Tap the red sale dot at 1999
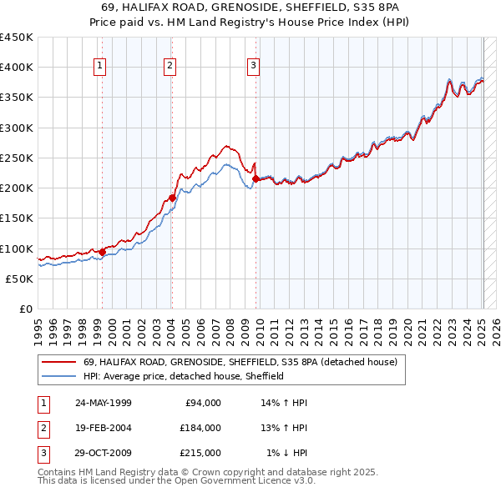coord(102,251)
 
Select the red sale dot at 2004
coord(172,198)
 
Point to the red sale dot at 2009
coord(256,178)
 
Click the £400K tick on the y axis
coord(17,68)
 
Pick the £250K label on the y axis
coord(17,158)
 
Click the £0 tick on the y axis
coord(25,309)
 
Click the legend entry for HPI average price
coord(184,376)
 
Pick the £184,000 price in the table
coord(200,428)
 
